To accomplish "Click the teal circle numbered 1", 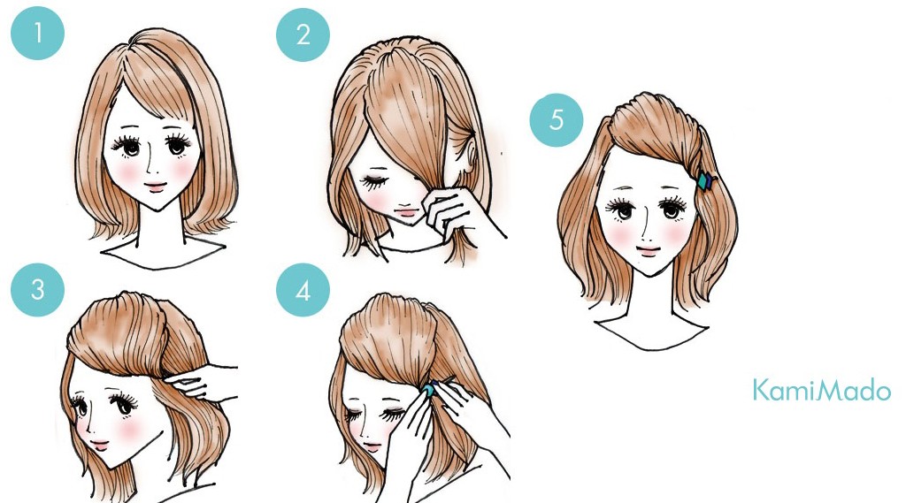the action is point(37,33).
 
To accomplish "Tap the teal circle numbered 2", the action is point(303,34).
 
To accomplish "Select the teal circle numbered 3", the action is point(37,289).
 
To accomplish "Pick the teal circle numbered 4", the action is point(303,290).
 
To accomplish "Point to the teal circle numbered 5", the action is point(557,119).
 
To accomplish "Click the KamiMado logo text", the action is point(822,391).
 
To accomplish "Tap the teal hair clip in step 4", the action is point(430,389).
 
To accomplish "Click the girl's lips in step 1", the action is point(155,187).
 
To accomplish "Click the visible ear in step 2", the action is point(469,154).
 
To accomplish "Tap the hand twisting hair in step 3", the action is point(203,382).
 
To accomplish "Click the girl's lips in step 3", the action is point(99,444).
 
